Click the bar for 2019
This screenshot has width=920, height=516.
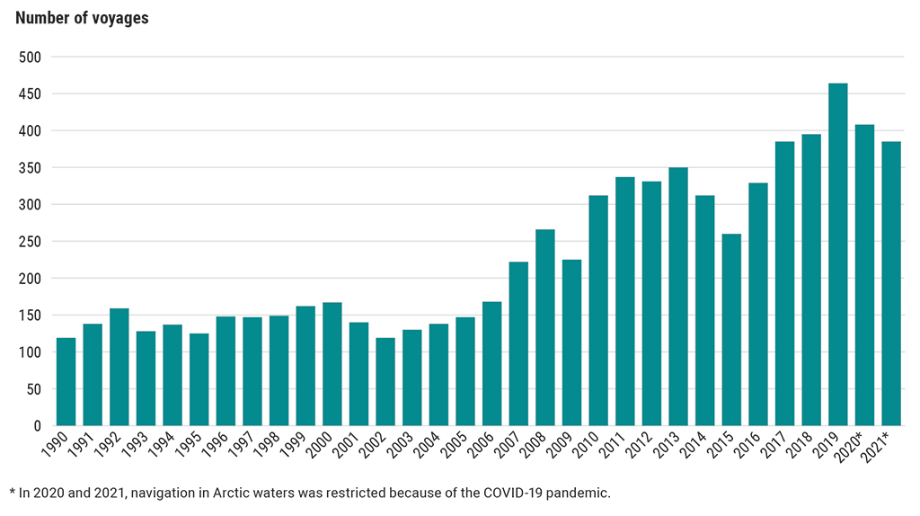837,254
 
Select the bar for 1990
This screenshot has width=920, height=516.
66,382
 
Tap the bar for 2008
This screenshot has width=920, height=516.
544,328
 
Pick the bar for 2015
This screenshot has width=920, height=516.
731,330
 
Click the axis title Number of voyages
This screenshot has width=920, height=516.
82,18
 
